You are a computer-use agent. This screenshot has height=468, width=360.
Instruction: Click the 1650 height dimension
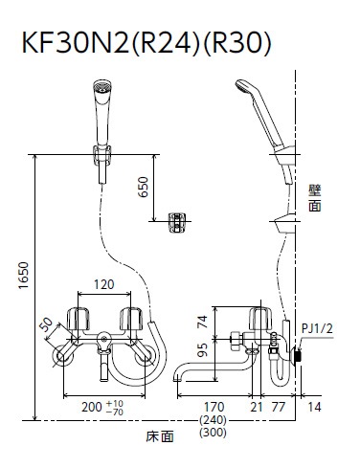[x=23, y=275]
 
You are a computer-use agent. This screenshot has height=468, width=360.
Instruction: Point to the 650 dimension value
[x=144, y=187]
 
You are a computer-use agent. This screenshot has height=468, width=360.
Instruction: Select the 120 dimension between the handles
[x=104, y=284]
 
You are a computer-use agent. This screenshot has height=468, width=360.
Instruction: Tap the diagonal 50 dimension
[x=47, y=325]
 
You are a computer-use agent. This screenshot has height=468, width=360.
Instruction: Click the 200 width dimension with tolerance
[x=102, y=408]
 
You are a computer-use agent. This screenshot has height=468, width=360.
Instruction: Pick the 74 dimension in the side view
[x=203, y=322]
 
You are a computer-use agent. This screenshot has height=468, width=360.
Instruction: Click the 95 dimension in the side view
[x=203, y=349]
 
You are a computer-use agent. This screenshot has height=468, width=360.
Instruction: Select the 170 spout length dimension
[x=214, y=407]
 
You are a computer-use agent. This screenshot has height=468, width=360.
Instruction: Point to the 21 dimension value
[x=257, y=407]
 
